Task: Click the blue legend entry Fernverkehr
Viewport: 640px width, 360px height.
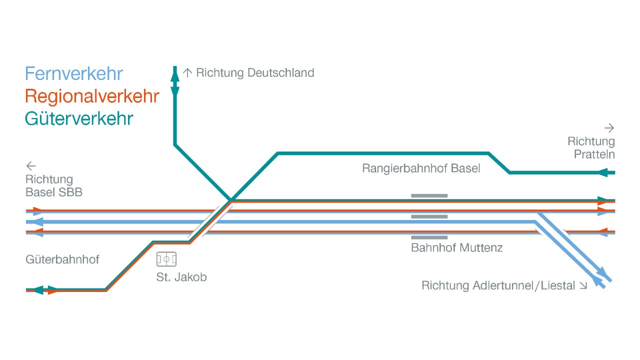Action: pyautogui.click(x=73, y=74)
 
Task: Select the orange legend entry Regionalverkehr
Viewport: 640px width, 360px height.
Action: pyautogui.click(x=92, y=96)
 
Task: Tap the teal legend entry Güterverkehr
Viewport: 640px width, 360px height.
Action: pyautogui.click(x=79, y=119)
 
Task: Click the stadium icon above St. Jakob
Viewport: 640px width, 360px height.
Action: pyautogui.click(x=166, y=259)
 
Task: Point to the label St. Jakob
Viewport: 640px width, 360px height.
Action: pyautogui.click(x=181, y=277)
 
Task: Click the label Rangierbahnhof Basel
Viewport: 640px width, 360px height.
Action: pyautogui.click(x=421, y=168)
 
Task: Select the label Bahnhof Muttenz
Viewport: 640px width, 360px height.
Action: pyautogui.click(x=456, y=247)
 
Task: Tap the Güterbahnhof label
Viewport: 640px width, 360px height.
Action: pyautogui.click(x=62, y=259)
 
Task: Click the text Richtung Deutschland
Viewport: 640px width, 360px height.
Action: pyautogui.click(x=255, y=73)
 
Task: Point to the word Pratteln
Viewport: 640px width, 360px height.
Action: pyautogui.click(x=594, y=154)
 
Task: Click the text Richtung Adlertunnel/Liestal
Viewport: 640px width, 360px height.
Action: pyautogui.click(x=498, y=286)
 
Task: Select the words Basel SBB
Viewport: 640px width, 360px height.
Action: pyautogui.click(x=54, y=192)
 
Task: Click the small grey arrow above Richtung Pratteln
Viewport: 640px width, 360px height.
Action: pyautogui.click(x=609, y=128)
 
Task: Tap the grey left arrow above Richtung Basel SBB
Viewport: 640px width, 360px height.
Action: pyautogui.click(x=31, y=166)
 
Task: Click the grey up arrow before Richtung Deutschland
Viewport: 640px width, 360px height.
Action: pyautogui.click(x=187, y=73)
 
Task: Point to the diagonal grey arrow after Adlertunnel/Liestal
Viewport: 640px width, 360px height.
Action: pyautogui.click(x=583, y=286)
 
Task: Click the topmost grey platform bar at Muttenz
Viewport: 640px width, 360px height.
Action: pyautogui.click(x=429, y=195)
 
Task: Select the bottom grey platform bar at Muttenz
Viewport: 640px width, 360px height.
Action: pyautogui.click(x=429, y=237)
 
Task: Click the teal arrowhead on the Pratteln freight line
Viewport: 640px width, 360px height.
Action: pyautogui.click(x=603, y=172)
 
